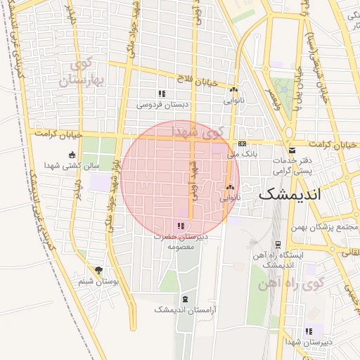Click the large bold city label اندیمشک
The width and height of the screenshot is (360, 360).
click(289, 195)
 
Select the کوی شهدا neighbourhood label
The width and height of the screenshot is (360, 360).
click(198, 131)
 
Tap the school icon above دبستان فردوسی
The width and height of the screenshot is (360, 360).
click(162, 94)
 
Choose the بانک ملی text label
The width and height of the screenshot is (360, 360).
click(245, 153)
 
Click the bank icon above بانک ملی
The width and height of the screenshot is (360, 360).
click(243, 143)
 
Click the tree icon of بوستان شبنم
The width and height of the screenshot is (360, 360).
click(98, 270)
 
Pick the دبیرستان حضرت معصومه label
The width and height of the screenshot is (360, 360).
click(181, 242)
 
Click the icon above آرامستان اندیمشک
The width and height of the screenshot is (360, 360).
click(184, 299)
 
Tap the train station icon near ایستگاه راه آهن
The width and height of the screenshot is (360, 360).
click(278, 245)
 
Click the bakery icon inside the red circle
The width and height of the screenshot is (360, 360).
click(230, 187)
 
